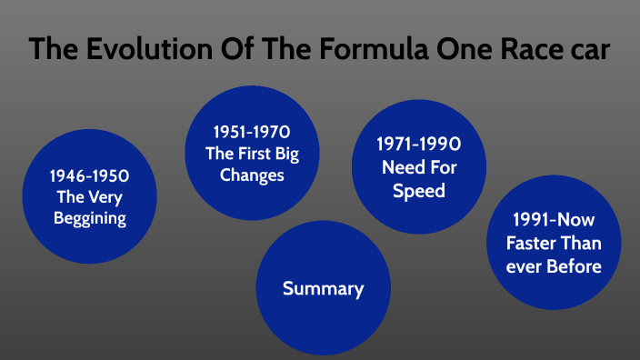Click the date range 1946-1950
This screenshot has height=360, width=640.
89,175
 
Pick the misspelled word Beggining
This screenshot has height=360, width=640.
89,218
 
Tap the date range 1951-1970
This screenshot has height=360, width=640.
252,132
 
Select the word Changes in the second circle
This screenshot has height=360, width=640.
252,175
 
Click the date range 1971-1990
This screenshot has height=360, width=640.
419,145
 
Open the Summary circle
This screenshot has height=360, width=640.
323,289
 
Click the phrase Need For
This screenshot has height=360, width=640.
419,167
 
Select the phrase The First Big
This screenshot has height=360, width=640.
252,153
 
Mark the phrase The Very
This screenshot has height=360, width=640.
89,196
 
